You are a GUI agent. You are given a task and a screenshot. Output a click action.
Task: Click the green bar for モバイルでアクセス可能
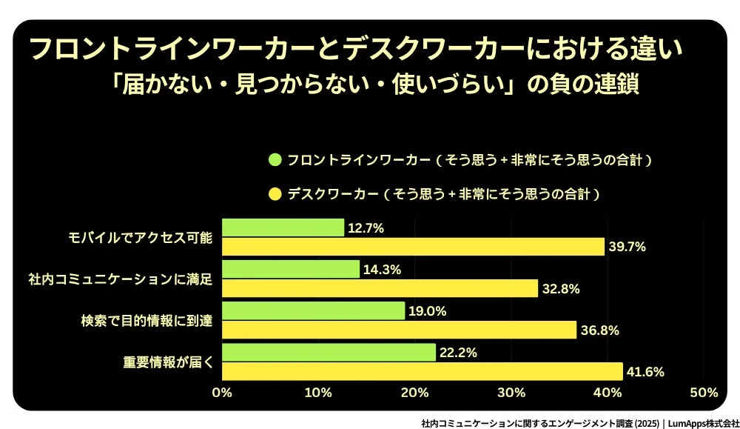(x=283, y=228)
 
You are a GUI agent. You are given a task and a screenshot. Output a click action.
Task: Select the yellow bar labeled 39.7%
(x=413, y=247)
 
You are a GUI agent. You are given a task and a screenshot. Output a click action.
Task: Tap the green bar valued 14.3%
(x=291, y=270)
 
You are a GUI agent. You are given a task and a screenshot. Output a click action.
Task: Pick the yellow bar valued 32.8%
(x=380, y=288)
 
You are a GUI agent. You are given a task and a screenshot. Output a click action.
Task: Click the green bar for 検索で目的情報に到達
(x=313, y=311)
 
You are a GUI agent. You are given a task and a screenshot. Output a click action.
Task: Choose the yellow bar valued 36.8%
(x=399, y=330)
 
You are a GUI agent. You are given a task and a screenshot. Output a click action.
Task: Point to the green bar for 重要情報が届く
(x=329, y=353)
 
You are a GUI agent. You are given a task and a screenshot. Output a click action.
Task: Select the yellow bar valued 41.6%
(x=422, y=371)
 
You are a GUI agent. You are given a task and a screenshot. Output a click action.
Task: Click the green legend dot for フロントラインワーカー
(x=275, y=159)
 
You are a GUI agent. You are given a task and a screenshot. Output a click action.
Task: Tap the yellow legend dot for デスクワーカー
(x=275, y=195)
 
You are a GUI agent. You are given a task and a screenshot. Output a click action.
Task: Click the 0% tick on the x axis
(x=222, y=392)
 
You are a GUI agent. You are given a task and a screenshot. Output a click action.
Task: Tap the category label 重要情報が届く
(x=167, y=362)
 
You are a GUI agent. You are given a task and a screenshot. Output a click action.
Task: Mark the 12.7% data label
(x=366, y=228)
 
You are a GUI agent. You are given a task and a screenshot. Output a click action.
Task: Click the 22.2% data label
(x=459, y=353)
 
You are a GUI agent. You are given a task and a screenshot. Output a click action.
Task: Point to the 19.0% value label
(x=428, y=311)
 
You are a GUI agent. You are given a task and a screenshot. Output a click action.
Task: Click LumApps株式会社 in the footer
(x=703, y=423)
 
